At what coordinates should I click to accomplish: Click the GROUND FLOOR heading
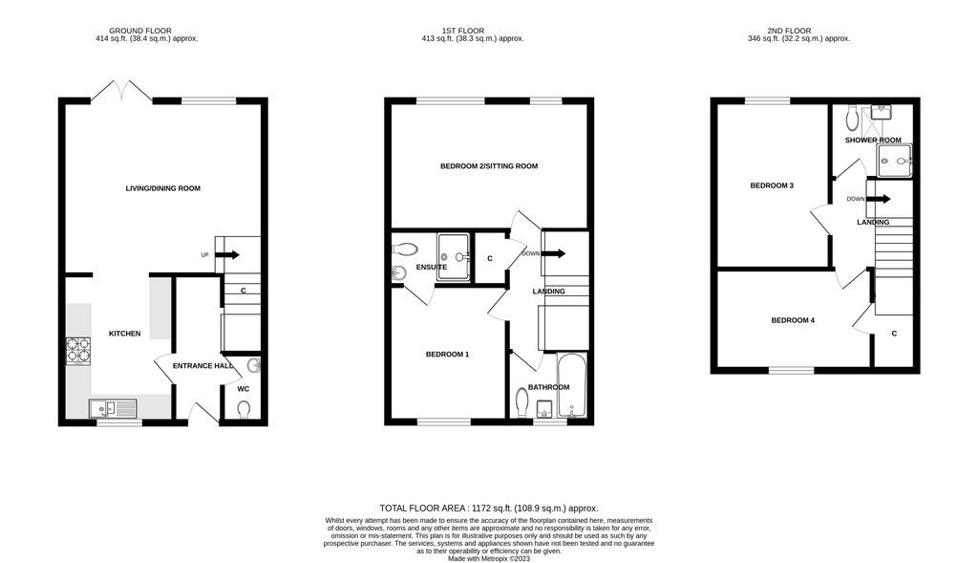(x=146, y=30)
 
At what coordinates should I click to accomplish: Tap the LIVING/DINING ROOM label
(x=162, y=188)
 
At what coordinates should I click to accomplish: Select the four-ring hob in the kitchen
(x=77, y=351)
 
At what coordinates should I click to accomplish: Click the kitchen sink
(x=114, y=408)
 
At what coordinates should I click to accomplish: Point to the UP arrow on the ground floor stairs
(x=227, y=254)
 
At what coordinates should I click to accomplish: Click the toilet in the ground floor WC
(x=244, y=409)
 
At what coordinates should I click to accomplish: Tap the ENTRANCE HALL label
(x=202, y=365)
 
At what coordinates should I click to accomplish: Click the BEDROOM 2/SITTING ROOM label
(x=488, y=166)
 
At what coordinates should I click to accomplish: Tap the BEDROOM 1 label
(x=447, y=355)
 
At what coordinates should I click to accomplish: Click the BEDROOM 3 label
(x=772, y=185)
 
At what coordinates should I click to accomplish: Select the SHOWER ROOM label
(x=873, y=141)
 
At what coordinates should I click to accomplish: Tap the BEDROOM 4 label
(x=793, y=320)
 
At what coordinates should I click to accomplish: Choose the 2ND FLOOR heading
(x=798, y=30)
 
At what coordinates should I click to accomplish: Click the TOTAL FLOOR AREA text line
(x=488, y=508)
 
